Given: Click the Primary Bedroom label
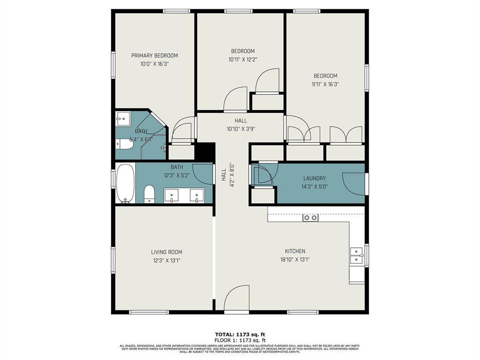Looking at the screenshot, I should (154, 55).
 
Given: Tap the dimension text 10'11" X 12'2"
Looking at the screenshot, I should (242, 60).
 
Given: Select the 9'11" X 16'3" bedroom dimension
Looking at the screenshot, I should (325, 84).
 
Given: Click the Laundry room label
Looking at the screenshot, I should (314, 178).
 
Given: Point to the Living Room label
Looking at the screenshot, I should (166, 252).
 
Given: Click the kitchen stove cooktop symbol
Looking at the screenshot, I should (310, 217).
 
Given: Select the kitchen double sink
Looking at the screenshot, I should (356, 255).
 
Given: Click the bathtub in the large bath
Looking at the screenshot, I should (125, 183).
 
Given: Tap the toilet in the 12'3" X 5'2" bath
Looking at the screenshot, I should (150, 194).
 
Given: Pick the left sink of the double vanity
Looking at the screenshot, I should (172, 195).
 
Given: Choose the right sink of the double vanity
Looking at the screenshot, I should (196, 195).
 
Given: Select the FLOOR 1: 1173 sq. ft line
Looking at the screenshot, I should (240, 340).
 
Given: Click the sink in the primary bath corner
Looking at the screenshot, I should (123, 119).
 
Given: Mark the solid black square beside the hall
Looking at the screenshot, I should (204, 152).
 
